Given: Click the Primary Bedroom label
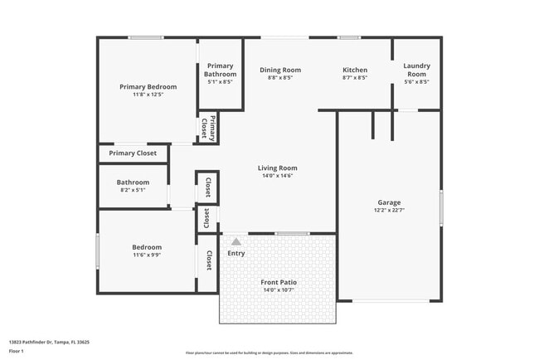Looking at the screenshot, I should point(148,87).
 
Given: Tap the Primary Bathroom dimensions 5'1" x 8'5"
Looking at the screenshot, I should point(221,82).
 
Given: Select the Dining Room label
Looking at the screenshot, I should point(280,70).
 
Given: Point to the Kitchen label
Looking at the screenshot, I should point(355,70).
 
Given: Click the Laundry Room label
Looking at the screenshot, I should point(416,70).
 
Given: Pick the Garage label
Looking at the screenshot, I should point(390,202).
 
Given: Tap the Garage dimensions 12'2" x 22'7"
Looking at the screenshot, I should point(390,211).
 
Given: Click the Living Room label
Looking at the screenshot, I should point(278,168).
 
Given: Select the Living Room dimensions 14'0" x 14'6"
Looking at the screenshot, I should point(278,176).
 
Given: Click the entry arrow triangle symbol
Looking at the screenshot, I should point(236,241).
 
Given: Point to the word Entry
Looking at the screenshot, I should point(236,253).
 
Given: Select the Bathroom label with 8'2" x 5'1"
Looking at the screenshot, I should point(133,182).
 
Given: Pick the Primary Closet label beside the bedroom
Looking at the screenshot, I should point(133,153).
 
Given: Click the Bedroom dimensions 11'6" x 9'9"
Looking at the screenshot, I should point(147,255).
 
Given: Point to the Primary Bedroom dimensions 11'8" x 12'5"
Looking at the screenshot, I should point(148,95).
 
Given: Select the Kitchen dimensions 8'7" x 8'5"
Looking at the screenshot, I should point(355,78).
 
